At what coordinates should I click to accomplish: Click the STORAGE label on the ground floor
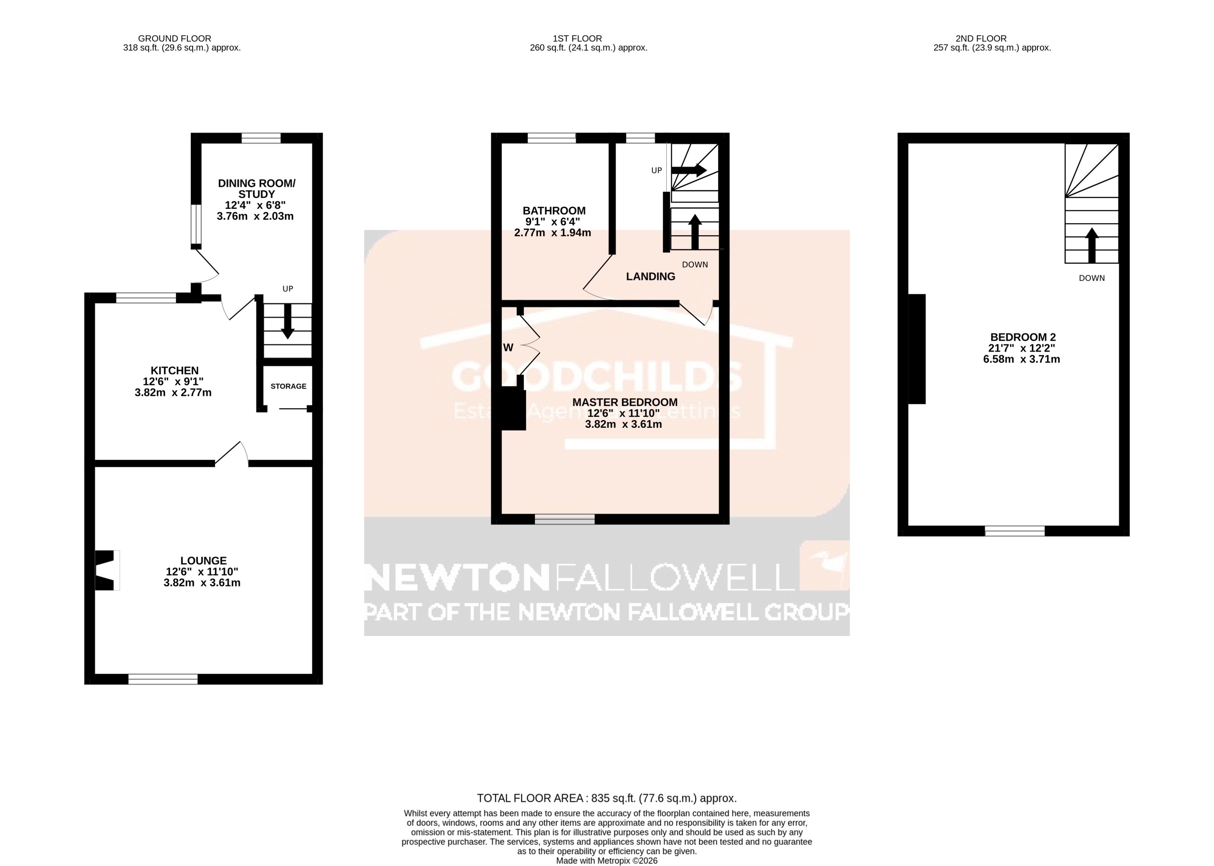tap(289, 386)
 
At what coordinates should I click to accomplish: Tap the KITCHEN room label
tap(174, 371)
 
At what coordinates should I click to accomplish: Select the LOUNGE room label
tap(203, 560)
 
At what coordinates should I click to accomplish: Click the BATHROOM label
tap(554, 211)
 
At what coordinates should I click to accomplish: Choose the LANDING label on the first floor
tap(650, 276)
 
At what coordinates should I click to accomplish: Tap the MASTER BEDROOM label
tap(625, 402)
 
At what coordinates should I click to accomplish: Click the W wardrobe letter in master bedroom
tap(508, 348)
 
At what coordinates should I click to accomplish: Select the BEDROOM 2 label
tap(1023, 337)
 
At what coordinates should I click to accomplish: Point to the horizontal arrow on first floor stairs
tap(689, 170)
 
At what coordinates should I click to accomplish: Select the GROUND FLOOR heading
tap(174, 39)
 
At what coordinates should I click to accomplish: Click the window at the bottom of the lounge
tap(163, 679)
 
